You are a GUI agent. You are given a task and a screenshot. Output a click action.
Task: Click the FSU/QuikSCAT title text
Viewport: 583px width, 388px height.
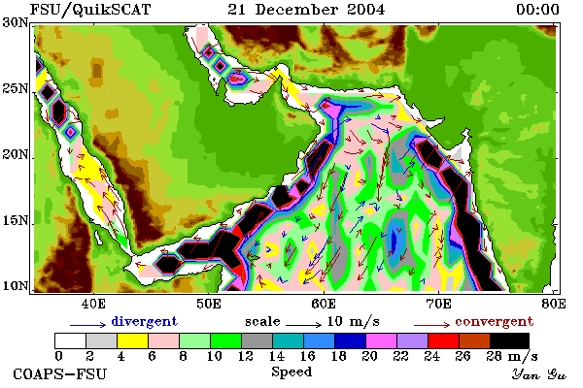click(x=90, y=10)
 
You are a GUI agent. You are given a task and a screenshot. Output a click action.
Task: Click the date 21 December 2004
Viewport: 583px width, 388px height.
click(x=306, y=10)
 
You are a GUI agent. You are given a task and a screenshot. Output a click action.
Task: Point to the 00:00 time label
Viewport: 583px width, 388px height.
click(x=537, y=10)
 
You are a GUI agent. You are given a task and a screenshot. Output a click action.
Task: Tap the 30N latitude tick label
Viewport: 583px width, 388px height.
click(x=16, y=22)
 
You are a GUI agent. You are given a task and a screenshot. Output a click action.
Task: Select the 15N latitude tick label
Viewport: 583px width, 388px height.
click(x=16, y=221)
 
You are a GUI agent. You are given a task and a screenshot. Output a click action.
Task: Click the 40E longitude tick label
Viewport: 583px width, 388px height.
click(x=93, y=304)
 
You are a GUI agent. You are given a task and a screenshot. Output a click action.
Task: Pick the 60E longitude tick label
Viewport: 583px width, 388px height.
click(x=324, y=304)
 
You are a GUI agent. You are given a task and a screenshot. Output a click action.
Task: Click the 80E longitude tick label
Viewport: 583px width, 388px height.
click(x=554, y=304)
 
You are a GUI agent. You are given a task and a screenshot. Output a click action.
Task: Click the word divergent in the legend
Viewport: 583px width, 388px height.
click(x=144, y=321)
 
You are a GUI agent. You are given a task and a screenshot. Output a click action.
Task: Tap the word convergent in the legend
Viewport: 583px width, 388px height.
click(x=495, y=321)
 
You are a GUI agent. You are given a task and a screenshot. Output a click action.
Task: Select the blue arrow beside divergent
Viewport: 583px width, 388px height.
click(x=88, y=325)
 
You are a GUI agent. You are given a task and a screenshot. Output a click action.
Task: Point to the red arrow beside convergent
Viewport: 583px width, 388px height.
click(x=431, y=325)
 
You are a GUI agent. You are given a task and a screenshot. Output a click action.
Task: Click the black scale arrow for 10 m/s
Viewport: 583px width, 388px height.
click(x=303, y=325)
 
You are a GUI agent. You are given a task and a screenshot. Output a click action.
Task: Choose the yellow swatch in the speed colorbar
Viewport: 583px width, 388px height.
click(x=132, y=340)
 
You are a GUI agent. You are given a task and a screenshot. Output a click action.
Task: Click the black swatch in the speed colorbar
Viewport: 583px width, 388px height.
click(x=509, y=340)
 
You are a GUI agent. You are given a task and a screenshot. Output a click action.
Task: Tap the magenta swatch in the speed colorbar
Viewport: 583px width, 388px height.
click(x=382, y=340)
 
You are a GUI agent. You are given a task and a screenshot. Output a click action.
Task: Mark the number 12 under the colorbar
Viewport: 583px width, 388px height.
click(x=246, y=356)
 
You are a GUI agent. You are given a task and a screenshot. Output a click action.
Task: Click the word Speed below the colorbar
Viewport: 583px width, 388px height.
click(x=291, y=372)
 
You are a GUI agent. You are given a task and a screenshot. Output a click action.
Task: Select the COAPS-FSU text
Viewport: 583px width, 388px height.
click(x=59, y=373)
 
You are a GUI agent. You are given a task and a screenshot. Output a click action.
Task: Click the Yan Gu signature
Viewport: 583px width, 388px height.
click(x=538, y=374)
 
